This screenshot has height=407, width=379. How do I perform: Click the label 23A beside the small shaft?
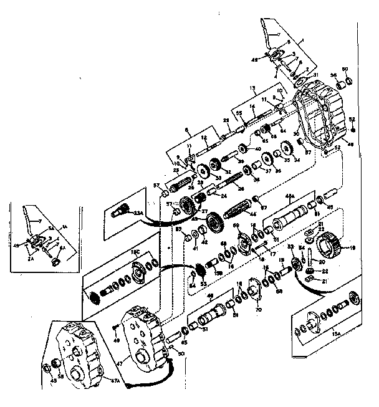pos(138,213)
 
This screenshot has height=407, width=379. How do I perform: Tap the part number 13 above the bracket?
pos(252,89)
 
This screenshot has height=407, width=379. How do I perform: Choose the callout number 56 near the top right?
pos(333,74)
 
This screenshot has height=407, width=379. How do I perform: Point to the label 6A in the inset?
pos(62,249)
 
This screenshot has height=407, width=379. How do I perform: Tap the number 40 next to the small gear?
pos(258,150)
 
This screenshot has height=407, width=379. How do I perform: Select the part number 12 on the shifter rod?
pos(203,138)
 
